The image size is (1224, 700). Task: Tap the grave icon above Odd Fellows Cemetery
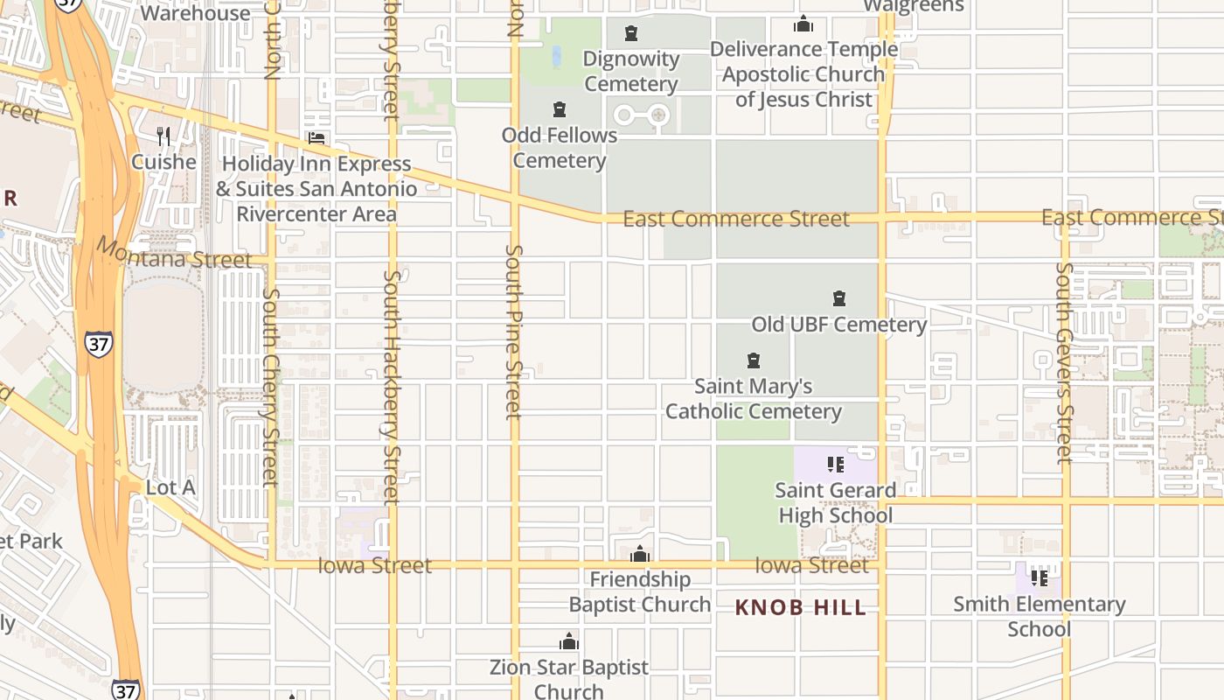(x=560, y=110)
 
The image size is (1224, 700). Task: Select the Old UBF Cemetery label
(x=838, y=325)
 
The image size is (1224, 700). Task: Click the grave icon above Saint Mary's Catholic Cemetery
(x=754, y=360)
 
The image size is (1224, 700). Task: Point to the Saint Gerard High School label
(x=835, y=502)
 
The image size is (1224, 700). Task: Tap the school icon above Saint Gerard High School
(x=836, y=465)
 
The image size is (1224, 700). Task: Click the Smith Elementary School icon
(x=1040, y=577)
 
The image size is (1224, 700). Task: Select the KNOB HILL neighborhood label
(x=800, y=607)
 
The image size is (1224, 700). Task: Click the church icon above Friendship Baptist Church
(x=640, y=554)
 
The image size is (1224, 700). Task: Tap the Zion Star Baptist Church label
(x=569, y=679)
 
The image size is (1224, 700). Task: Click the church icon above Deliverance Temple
(x=803, y=24)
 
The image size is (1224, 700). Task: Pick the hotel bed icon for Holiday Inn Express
(x=316, y=138)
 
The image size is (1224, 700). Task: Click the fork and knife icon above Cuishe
(x=163, y=136)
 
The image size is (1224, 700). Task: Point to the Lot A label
(x=170, y=487)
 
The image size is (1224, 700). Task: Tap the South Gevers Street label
(x=1064, y=362)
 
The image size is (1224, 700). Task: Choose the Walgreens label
(x=913, y=6)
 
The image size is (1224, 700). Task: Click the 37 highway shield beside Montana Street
(x=99, y=344)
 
